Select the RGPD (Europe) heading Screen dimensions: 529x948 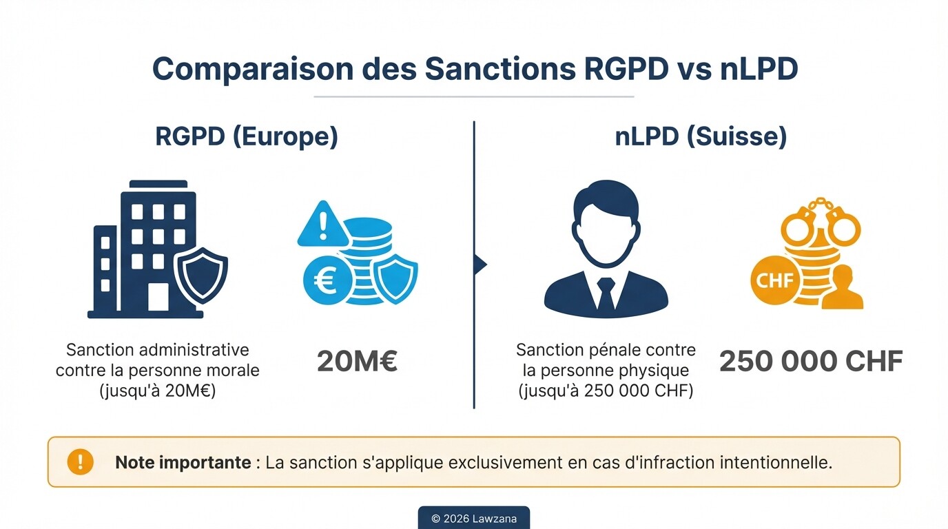point(247,136)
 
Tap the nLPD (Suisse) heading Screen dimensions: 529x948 point(701,136)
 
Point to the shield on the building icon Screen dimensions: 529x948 point(200,276)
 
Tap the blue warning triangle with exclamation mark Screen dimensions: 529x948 point(322,225)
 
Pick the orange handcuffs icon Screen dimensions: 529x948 point(820,222)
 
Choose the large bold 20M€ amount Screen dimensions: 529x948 point(357,362)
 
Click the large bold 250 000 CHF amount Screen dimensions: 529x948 point(811,362)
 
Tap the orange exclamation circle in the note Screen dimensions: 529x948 point(80,461)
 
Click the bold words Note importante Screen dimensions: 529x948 point(183,462)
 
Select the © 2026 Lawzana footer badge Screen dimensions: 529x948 point(473,518)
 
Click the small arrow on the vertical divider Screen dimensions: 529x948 point(481,264)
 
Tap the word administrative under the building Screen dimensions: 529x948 point(200,351)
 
